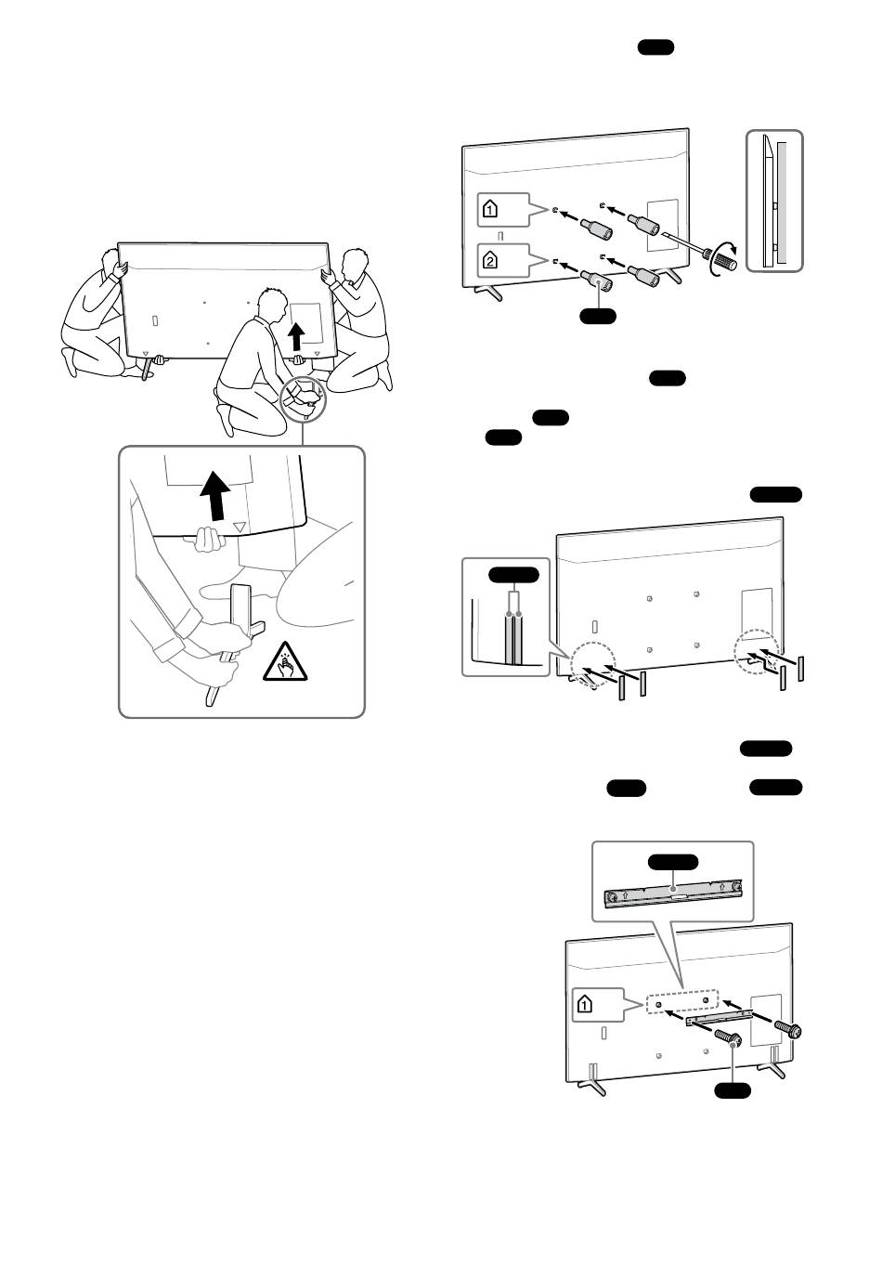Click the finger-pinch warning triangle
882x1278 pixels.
(x=285, y=663)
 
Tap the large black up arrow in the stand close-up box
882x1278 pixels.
(x=215, y=496)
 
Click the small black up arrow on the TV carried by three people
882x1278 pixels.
(x=296, y=336)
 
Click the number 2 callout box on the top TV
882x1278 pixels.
(x=503, y=261)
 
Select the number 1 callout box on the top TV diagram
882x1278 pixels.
(x=503, y=210)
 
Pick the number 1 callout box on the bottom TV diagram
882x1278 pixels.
(x=598, y=1005)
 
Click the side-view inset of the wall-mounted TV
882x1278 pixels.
(x=774, y=201)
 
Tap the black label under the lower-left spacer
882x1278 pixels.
(x=598, y=316)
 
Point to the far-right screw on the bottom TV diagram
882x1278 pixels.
(x=788, y=1028)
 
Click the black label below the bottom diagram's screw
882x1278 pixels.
(x=733, y=1090)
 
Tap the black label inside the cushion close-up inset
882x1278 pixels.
(x=513, y=575)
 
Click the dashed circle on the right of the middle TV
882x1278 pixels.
(x=757, y=652)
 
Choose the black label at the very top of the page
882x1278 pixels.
(x=655, y=47)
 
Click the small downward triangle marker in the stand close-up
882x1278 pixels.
(x=240, y=527)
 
